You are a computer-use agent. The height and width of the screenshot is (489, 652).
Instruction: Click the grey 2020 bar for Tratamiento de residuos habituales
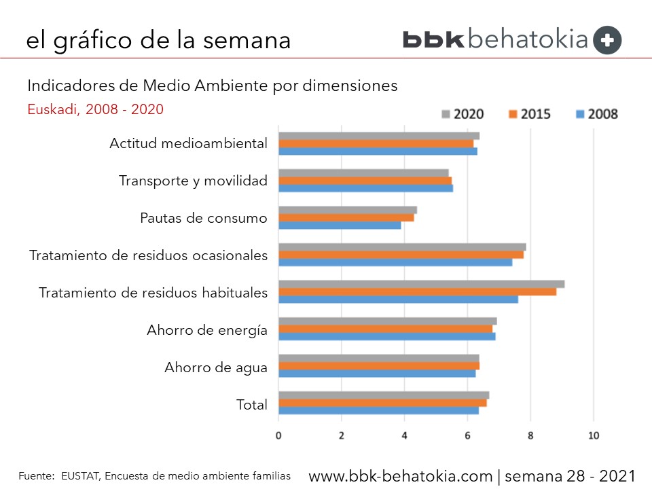point(421,284)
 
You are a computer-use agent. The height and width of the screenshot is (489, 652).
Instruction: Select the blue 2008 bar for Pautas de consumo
point(340,225)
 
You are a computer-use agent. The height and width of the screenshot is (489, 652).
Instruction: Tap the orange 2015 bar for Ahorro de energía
point(385,329)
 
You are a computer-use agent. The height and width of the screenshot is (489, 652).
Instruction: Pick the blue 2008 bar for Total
point(378,410)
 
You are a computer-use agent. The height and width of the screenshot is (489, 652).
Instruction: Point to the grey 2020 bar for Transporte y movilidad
point(363,173)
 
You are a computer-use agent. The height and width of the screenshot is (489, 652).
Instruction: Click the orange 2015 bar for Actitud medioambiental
point(376,143)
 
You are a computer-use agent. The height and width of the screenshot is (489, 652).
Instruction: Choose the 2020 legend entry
point(463,113)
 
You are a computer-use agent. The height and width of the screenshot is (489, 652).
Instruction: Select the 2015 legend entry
point(526,113)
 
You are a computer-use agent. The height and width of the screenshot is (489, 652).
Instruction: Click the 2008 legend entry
point(594,113)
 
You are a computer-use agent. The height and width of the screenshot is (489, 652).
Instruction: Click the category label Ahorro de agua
point(215,368)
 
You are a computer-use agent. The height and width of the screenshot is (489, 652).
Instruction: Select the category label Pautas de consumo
point(203,218)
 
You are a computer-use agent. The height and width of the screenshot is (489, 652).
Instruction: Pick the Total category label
point(251,405)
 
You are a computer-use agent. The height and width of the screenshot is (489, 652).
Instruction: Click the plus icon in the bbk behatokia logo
point(607,40)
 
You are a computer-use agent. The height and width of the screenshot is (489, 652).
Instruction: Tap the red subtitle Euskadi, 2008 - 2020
point(95,109)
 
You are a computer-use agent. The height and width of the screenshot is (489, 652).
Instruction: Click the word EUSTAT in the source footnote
point(79,476)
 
